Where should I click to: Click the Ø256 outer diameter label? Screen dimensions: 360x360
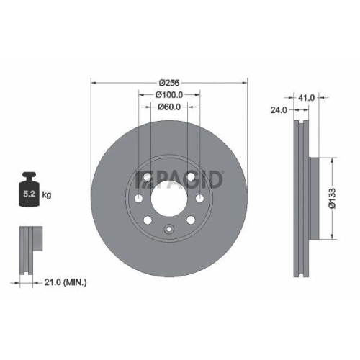pyautogui.click(x=168, y=82)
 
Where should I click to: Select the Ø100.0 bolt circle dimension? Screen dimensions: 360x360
pyautogui.click(x=168, y=94)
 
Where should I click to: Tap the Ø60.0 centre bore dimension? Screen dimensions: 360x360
pyautogui.click(x=168, y=107)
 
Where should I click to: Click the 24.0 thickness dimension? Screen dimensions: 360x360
pyautogui.click(x=279, y=110)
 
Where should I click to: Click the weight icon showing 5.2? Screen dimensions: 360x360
pyautogui.click(x=30, y=192)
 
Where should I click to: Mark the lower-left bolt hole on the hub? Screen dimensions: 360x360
pyautogui.click(x=148, y=220)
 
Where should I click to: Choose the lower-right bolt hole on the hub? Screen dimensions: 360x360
pyautogui.click(x=191, y=220)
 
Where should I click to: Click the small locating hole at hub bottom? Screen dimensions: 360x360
pyautogui.click(x=169, y=230)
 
